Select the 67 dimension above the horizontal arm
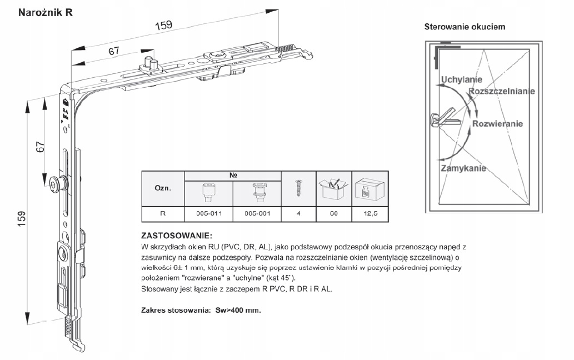[114, 51]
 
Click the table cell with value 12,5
[371, 213]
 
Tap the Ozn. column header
[162, 188]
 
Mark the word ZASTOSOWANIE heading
[177, 235]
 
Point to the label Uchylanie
[461, 79]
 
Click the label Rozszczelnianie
[502, 91]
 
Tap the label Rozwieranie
[497, 124]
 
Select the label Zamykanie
[464, 168]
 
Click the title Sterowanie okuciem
[465, 27]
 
